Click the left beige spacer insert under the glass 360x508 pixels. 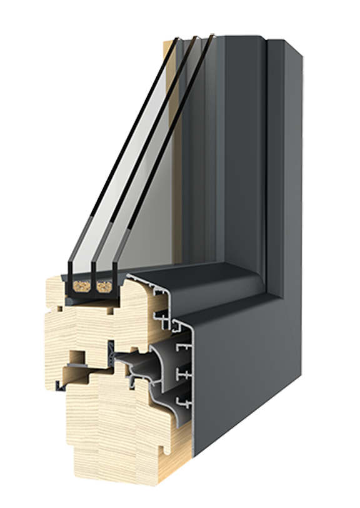click(x=79, y=288)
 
